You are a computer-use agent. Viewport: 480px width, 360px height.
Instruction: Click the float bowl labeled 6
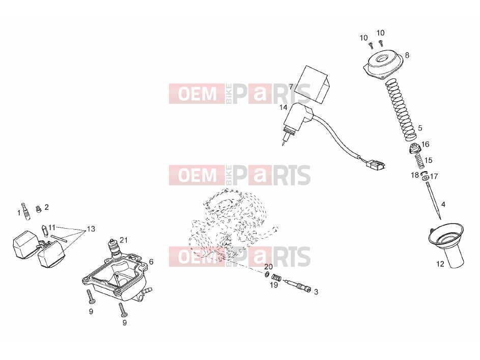point(119,275)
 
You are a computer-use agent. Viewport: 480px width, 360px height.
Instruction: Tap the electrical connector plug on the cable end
point(375,165)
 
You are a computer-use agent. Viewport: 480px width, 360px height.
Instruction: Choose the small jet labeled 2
point(39,209)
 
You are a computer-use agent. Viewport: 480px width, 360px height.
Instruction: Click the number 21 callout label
point(124,240)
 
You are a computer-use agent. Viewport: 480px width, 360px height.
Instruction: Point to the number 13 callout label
point(91,229)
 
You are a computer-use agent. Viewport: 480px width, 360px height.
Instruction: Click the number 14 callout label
point(283,107)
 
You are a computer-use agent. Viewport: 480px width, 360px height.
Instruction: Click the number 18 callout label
point(414,175)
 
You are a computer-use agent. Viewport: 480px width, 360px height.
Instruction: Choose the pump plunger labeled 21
point(114,248)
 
